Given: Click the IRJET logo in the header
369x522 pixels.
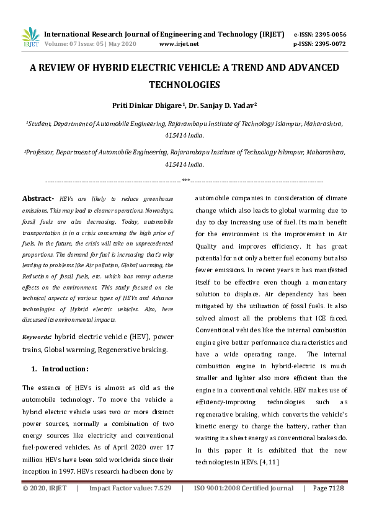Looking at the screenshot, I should click(30, 38).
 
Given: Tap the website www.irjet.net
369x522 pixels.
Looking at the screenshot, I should click(179, 44).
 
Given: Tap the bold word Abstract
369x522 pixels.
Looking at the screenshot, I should click(38, 198).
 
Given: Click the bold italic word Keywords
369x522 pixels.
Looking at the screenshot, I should click(37, 337).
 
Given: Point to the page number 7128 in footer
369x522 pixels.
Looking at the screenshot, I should click(334, 489).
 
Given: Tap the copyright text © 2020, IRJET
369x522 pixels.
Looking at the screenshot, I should click(44, 489).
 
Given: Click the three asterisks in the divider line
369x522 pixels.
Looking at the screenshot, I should click(185, 180).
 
